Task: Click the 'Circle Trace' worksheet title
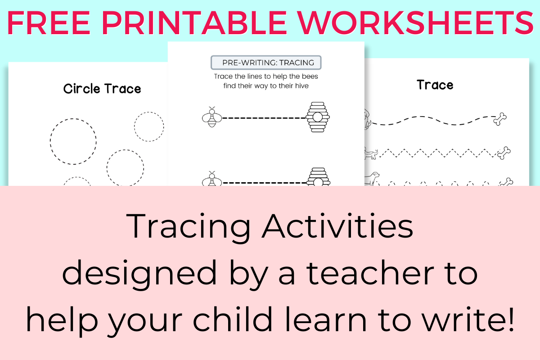point(102,89)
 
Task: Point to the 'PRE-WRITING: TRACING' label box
point(265,62)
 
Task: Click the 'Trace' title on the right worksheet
point(435,85)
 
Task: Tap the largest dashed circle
point(73,141)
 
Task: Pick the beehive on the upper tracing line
point(318,117)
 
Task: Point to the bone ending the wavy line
point(500,119)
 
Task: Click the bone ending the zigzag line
point(504,152)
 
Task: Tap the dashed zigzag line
point(436,153)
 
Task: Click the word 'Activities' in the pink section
point(337,226)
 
